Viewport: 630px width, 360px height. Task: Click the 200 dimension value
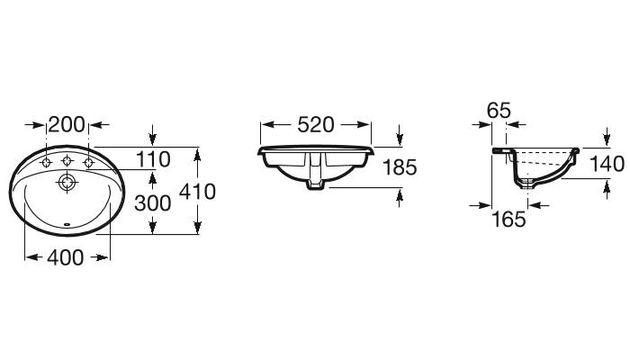click(67, 124)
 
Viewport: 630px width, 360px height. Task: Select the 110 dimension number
click(153, 159)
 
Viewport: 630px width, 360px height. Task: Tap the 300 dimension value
click(153, 203)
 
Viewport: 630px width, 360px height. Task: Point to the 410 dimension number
click(197, 192)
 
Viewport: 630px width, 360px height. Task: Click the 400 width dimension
click(66, 257)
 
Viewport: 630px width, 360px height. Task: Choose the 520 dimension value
click(316, 124)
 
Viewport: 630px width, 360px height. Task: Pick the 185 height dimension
click(400, 167)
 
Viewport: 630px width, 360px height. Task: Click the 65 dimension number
click(499, 111)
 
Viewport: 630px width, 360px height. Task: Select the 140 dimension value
click(607, 164)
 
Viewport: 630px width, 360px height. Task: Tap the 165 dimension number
click(508, 220)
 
